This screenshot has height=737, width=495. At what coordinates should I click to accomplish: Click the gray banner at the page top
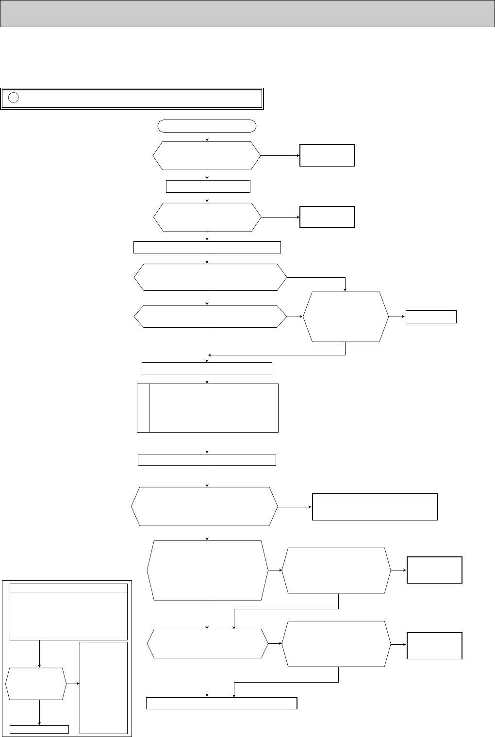pos(247,14)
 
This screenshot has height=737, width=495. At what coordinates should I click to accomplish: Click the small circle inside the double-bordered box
pos(14,98)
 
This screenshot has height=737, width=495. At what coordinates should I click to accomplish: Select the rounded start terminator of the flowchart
pos(207,126)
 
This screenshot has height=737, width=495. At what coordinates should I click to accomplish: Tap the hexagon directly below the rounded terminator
pos(207,156)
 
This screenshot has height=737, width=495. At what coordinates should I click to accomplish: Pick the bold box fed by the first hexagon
pos(327,155)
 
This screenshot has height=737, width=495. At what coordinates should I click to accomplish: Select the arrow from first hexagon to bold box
pos(280,156)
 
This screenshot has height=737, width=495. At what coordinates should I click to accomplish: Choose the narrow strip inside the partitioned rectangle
pos(143,408)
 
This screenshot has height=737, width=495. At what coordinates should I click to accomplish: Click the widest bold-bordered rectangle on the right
pos(375,507)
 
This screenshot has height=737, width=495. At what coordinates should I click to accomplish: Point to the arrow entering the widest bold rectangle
pos(295,507)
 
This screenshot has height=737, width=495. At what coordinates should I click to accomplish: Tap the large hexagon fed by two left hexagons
pos(345,317)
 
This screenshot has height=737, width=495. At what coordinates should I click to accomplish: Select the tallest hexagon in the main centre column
pos(207,570)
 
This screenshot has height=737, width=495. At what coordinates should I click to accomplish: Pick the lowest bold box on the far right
pos(434,646)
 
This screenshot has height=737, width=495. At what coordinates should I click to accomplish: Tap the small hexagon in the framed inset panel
pos(36,684)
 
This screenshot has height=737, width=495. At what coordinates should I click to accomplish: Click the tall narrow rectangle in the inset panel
pos(103,687)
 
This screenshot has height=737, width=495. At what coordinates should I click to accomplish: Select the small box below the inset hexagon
pos(39,729)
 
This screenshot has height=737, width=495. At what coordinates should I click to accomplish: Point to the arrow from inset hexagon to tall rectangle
pos(73,684)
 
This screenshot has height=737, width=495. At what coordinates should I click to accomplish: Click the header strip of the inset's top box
pos(68,588)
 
